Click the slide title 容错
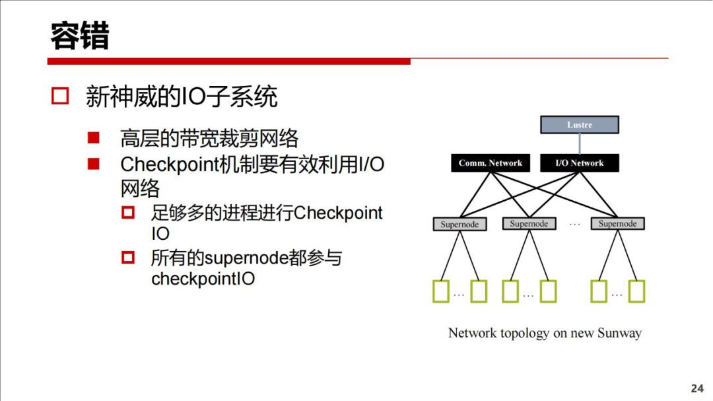(79, 36)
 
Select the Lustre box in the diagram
(580, 125)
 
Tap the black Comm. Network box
(490, 163)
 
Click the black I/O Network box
(579, 163)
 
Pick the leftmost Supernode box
(459, 224)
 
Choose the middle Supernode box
(529, 224)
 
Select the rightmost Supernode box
(617, 224)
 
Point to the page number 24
(697, 388)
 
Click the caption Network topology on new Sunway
(545, 333)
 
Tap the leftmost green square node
(440, 291)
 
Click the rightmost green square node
(636, 291)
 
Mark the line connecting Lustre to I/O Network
(580, 144)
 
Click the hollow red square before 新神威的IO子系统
(60, 96)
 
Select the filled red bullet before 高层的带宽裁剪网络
(93, 138)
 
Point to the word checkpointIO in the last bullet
(203, 279)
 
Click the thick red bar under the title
(228, 61)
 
